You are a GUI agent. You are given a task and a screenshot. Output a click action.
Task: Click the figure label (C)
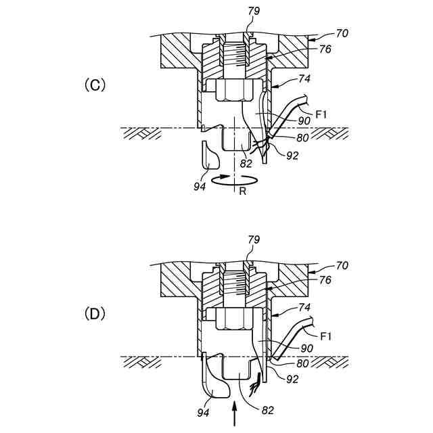[x=95, y=85]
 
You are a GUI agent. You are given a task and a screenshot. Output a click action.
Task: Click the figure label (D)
[x=95, y=314]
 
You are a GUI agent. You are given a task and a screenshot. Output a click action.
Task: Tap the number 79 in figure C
[x=254, y=11]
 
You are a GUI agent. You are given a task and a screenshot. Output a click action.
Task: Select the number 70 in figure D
[x=342, y=266]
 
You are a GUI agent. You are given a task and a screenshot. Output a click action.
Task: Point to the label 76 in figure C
[x=325, y=49]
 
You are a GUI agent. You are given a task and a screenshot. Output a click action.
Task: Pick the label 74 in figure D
[x=304, y=307]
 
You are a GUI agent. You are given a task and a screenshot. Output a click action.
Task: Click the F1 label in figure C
[x=321, y=114]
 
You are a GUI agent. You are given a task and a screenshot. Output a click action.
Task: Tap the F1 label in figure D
[x=326, y=336]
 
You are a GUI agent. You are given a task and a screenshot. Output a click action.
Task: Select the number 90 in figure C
[x=304, y=120]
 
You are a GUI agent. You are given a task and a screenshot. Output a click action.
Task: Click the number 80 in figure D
[x=302, y=363]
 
